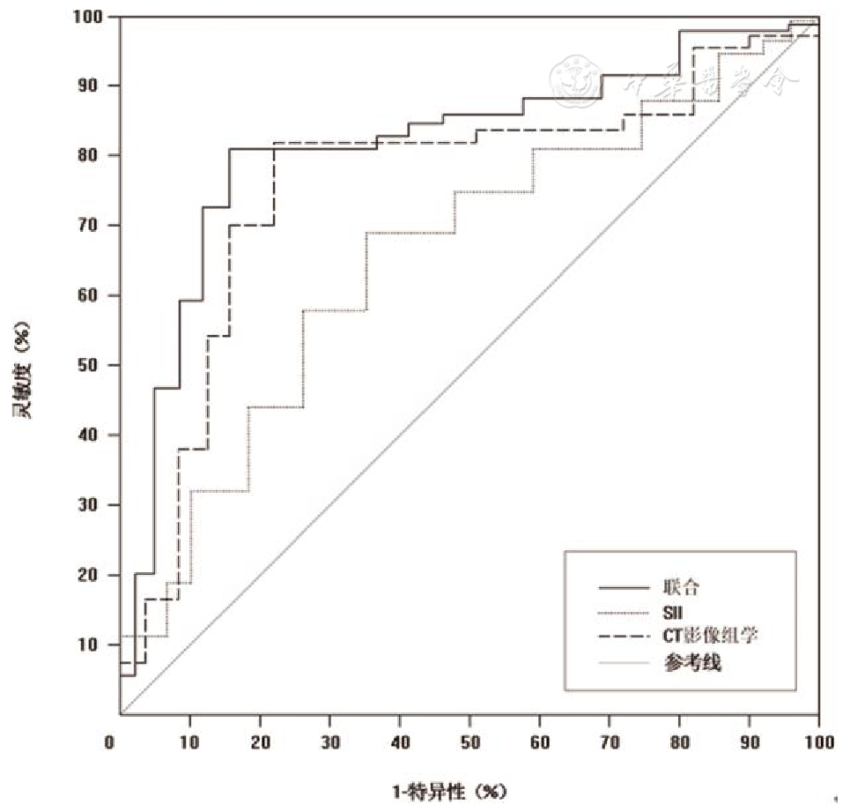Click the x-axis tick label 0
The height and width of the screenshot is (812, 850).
tap(110, 742)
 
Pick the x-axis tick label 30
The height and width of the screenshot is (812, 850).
tap(329, 742)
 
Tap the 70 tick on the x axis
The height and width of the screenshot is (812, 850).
tap(610, 742)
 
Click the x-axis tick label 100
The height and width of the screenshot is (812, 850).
tap(819, 742)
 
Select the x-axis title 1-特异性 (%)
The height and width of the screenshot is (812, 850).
tap(450, 791)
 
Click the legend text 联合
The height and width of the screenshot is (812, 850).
tap(677, 587)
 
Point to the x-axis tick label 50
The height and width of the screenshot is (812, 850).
tap(469, 742)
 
